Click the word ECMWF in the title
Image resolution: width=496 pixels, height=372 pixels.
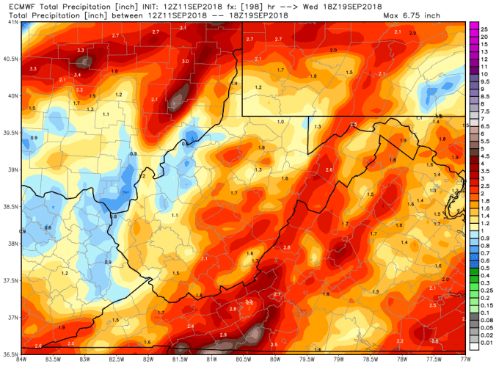(16, 6)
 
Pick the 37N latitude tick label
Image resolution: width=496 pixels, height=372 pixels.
(10, 318)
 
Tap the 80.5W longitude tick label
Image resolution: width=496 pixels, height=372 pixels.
(243, 359)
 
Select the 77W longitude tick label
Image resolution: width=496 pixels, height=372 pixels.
(463, 359)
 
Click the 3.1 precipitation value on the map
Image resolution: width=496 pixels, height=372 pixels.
(183, 28)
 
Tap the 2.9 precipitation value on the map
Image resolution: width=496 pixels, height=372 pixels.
(223, 335)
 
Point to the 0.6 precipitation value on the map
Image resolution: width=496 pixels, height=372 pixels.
(48, 227)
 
